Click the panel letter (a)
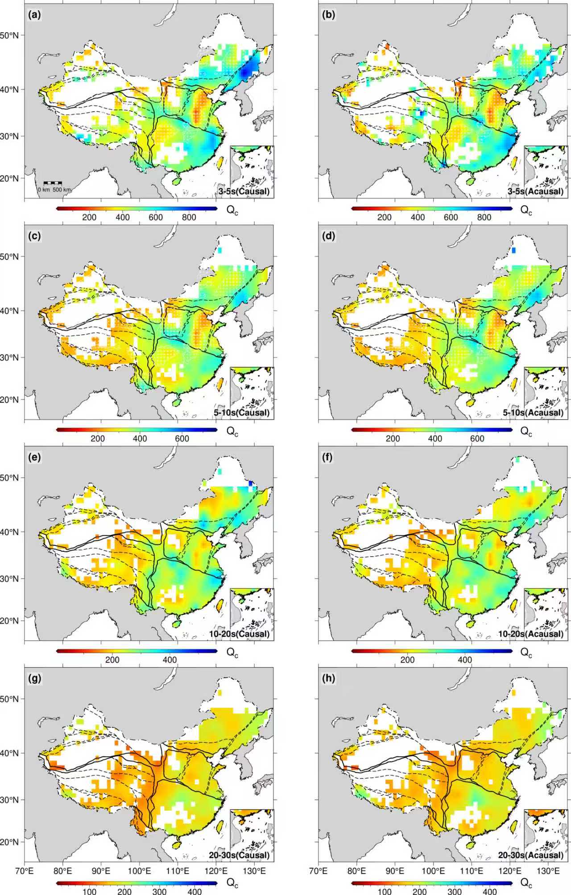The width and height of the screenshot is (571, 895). (x=34, y=15)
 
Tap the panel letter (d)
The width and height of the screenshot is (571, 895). (x=329, y=236)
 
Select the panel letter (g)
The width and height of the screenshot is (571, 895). (x=34, y=679)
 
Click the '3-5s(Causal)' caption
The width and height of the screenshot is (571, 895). (x=244, y=191)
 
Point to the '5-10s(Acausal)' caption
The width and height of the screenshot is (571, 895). (x=533, y=412)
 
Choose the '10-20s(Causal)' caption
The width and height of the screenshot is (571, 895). (x=242, y=634)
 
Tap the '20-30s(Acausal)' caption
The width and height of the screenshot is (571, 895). (x=531, y=855)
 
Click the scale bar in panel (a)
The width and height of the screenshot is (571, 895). (x=53, y=183)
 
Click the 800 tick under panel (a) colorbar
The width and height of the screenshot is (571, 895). (x=189, y=217)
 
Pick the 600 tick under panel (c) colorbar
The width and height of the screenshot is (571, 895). (x=182, y=438)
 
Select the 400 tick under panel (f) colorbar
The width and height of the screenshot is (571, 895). (x=465, y=660)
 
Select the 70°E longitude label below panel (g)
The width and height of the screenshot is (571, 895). (x=25, y=870)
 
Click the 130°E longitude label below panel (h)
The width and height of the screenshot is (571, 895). (x=549, y=870)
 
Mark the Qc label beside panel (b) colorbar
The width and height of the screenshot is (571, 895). (x=526, y=210)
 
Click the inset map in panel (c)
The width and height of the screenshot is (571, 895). (x=252, y=393)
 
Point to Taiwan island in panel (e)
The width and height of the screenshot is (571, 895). (x=219, y=605)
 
